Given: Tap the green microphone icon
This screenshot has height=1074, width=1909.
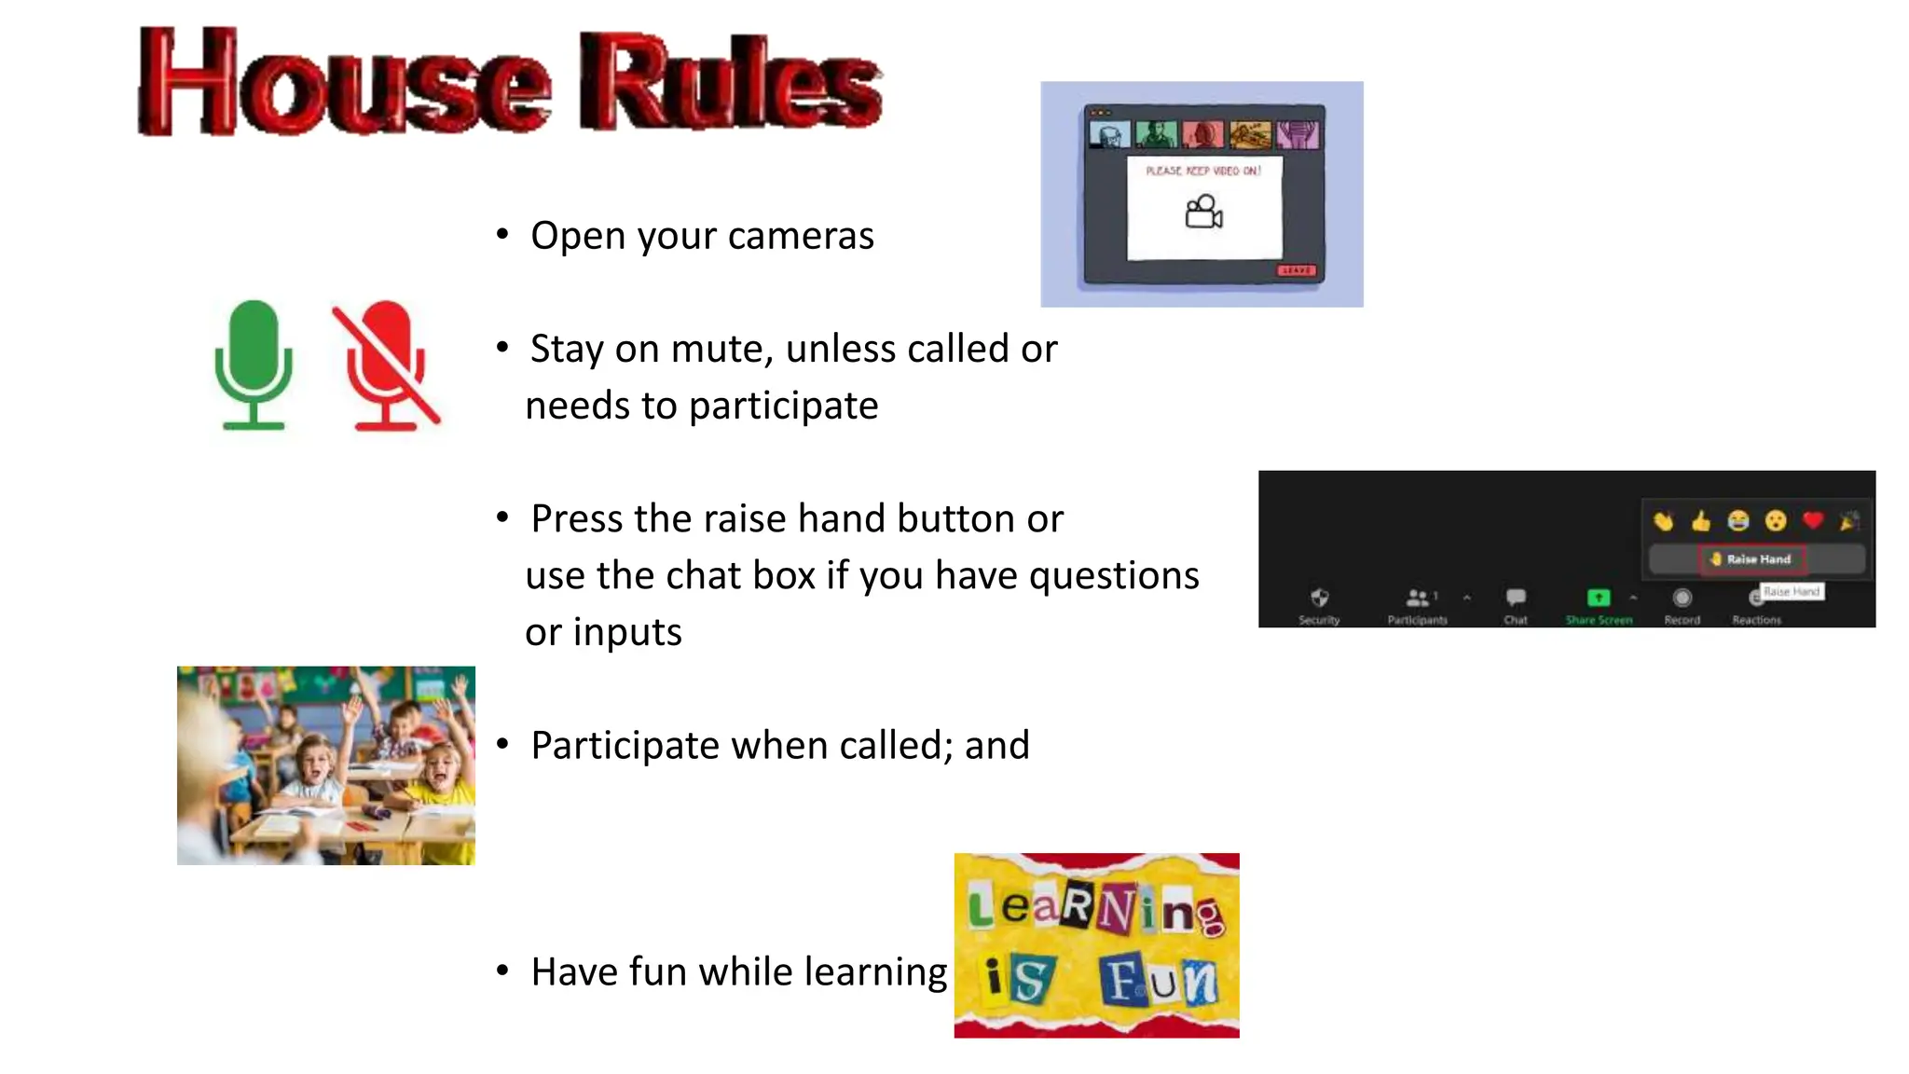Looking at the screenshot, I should point(253,364).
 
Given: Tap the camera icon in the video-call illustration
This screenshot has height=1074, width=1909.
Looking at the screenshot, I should point(1203,213).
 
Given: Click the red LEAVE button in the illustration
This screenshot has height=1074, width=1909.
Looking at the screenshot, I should point(1296,270).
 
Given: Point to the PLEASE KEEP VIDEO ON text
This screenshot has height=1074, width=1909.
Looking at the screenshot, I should point(1202,171).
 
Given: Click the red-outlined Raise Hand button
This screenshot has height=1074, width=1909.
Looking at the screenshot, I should point(1751,559).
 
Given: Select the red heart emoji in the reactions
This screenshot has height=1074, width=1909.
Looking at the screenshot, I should point(1812,520).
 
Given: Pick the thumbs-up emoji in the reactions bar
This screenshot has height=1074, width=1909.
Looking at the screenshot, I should point(1701,520).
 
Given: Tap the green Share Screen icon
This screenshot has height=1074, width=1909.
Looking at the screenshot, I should point(1598,598).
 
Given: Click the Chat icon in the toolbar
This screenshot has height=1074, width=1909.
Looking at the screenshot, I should point(1516,598).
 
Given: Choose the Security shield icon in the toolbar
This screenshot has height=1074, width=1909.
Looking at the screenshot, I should point(1319,598).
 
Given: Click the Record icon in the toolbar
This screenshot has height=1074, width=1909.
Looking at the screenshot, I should point(1682,598).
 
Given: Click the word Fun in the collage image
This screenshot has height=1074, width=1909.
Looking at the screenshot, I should point(1159,981).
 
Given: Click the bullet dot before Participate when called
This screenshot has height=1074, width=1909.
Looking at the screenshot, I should point(502,744).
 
